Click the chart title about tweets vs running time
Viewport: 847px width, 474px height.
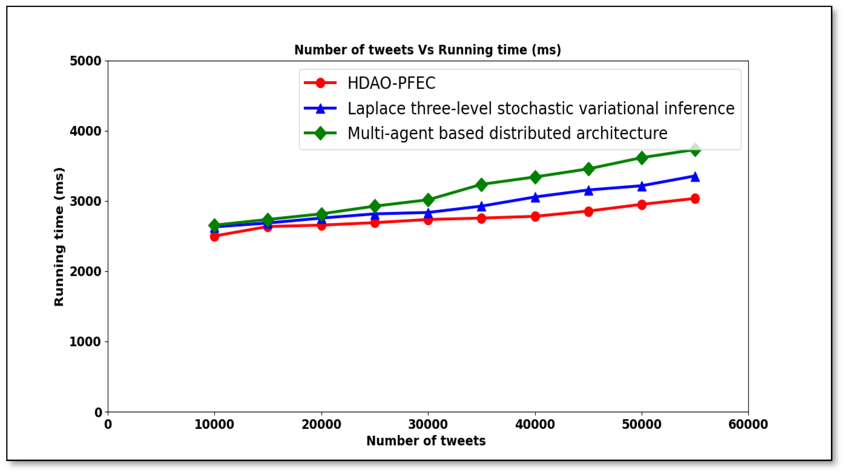click(427, 50)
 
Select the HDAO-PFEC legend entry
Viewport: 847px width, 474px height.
click(391, 83)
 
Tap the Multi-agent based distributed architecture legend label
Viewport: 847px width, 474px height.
click(507, 133)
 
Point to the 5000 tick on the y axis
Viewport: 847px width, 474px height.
click(85, 61)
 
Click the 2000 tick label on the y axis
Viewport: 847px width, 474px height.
click(85, 272)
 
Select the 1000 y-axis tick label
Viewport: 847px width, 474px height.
click(85, 342)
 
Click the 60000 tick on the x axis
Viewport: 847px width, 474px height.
click(748, 424)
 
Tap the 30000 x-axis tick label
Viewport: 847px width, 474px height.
click(428, 424)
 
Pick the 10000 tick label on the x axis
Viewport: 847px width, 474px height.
click(214, 424)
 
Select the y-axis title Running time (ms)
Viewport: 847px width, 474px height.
click(59, 237)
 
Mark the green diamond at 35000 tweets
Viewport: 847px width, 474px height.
click(481, 185)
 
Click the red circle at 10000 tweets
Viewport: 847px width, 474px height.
click(214, 236)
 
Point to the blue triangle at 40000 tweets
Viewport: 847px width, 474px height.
click(535, 197)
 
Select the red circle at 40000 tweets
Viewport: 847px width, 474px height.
click(535, 216)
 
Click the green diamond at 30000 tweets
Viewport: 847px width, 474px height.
click(428, 200)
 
